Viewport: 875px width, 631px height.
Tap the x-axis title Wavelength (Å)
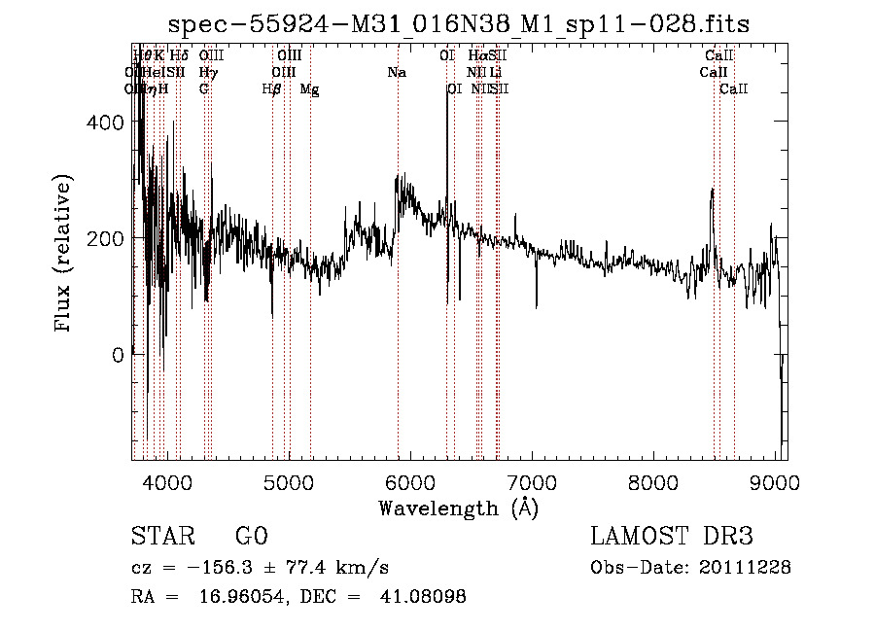(458, 508)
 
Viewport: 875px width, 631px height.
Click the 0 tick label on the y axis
(117, 355)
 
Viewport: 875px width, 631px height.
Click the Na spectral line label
(396, 72)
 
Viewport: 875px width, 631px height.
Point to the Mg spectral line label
(309, 89)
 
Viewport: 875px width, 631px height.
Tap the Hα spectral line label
(476, 55)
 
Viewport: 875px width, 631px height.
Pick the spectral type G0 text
(251, 538)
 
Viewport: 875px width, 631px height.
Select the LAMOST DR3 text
(672, 538)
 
